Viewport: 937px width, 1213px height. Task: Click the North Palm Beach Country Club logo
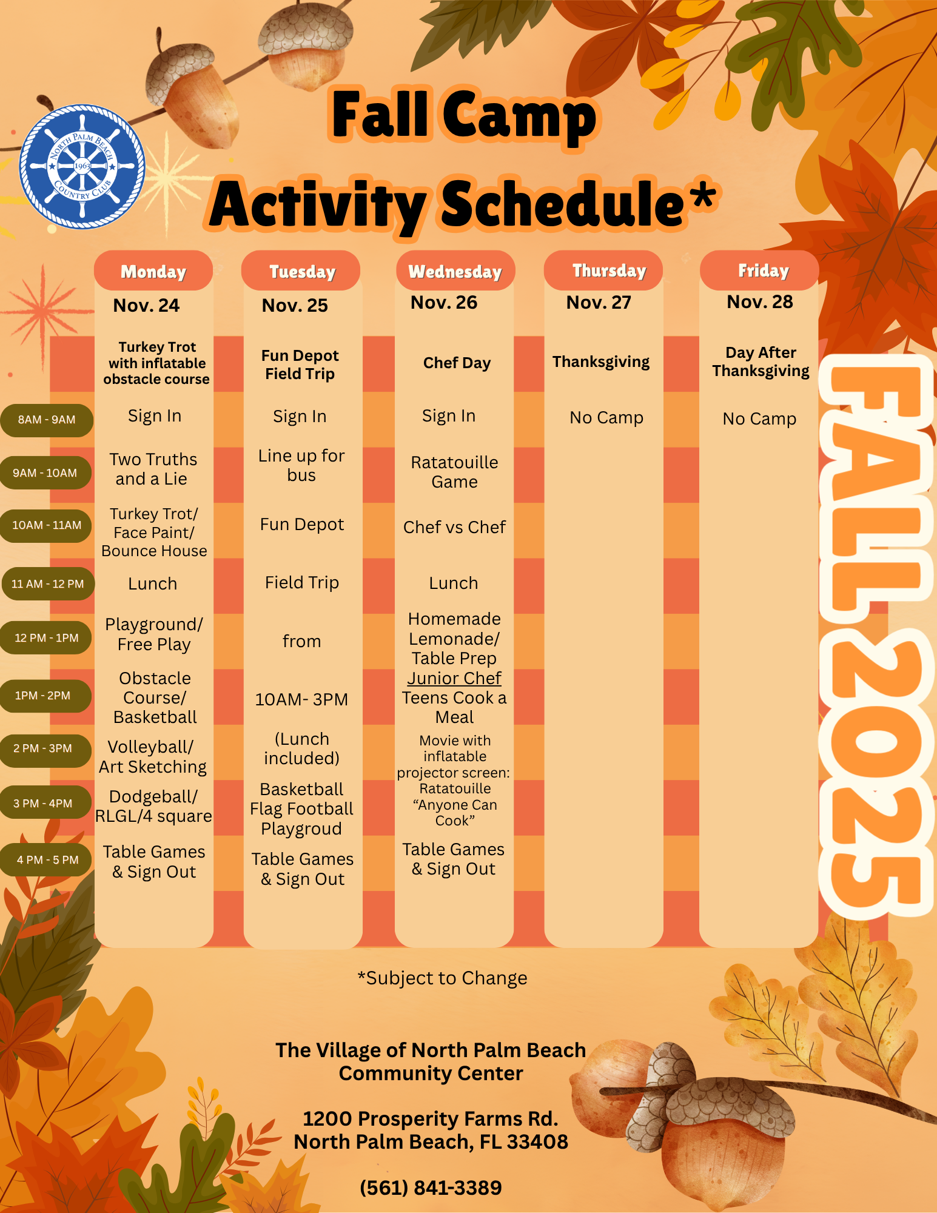(82, 167)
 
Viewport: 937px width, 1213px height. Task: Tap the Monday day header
(153, 271)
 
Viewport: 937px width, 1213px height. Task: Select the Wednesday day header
(455, 271)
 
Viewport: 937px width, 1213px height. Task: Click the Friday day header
(763, 270)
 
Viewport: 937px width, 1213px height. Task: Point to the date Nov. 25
(295, 305)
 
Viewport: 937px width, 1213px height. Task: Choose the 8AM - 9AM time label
(47, 420)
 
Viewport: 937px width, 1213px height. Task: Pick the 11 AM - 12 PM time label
(47, 584)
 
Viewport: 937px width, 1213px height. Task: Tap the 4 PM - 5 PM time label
(47, 859)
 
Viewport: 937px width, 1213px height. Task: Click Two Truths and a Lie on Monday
(153, 469)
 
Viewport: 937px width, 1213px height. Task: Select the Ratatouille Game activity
(454, 472)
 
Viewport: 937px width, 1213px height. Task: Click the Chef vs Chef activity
(454, 527)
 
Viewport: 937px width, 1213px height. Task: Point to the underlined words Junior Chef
(454, 678)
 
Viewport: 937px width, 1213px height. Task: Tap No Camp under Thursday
(606, 417)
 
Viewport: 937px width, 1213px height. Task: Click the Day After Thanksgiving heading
(761, 361)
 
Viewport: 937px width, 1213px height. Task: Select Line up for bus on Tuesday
(301, 465)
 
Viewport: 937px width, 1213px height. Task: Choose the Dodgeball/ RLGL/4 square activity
(153, 806)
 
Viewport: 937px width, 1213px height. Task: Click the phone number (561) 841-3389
(431, 1187)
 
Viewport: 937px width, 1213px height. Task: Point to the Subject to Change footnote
(443, 978)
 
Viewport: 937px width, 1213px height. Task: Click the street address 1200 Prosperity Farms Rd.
(431, 1118)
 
